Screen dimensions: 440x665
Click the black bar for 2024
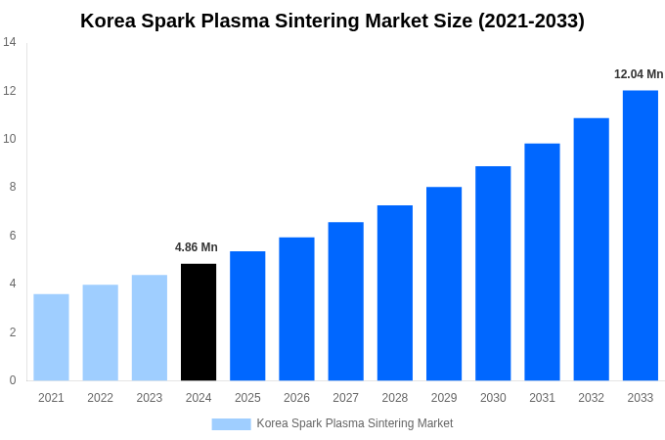click(x=199, y=323)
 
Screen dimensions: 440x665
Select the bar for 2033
click(x=640, y=236)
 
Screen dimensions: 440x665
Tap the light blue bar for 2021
click(x=51, y=337)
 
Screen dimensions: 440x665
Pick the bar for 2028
click(x=395, y=293)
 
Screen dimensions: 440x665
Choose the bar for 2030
click(x=493, y=274)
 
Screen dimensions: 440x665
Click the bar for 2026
click(x=296, y=309)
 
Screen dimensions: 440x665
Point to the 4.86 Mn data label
click(x=197, y=247)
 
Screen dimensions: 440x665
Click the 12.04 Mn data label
click(x=638, y=74)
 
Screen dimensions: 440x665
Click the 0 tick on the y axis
click(x=12, y=380)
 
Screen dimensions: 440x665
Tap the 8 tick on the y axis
click(x=12, y=187)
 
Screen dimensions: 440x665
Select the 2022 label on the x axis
click(x=100, y=398)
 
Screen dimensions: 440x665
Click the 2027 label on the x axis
click(x=345, y=398)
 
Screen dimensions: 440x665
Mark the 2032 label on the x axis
click(x=591, y=398)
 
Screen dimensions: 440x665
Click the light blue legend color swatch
click(x=231, y=424)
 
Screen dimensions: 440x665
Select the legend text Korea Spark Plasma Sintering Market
click(x=354, y=423)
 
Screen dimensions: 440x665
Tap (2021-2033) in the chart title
click(x=531, y=21)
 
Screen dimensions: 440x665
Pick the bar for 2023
click(x=150, y=328)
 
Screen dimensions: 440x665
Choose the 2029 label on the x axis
click(x=444, y=398)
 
